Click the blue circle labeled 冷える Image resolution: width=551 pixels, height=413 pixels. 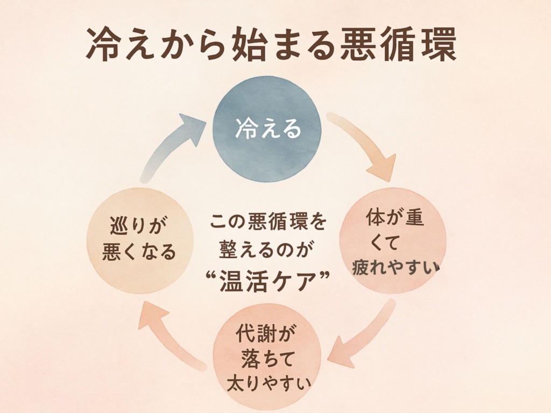(x=267, y=129)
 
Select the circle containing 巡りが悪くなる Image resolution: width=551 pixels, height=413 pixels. (x=139, y=240)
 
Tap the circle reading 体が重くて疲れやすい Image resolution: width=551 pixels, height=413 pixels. (x=393, y=240)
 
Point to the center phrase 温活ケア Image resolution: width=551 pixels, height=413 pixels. (x=267, y=281)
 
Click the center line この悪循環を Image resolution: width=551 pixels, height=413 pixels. (x=267, y=221)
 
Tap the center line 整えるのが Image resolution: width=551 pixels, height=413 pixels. (x=267, y=250)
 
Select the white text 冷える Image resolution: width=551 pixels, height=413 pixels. (x=267, y=130)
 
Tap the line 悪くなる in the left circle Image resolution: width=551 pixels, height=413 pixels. (x=139, y=252)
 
